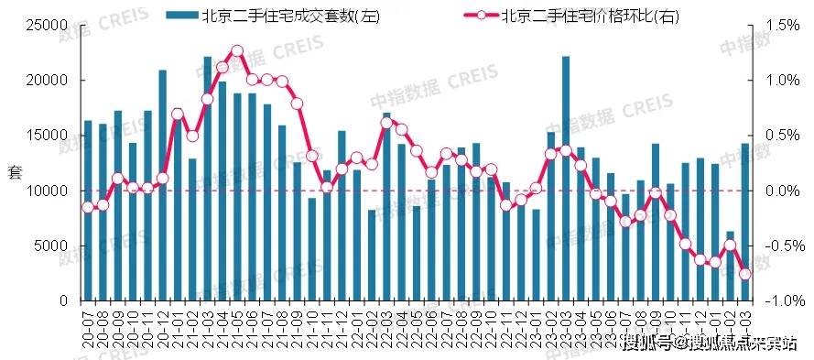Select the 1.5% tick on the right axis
click(x=778, y=26)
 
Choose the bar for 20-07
click(x=88, y=211)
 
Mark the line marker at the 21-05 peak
click(x=237, y=51)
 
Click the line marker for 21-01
click(x=177, y=115)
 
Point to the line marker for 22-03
click(x=386, y=122)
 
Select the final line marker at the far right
click(x=745, y=274)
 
